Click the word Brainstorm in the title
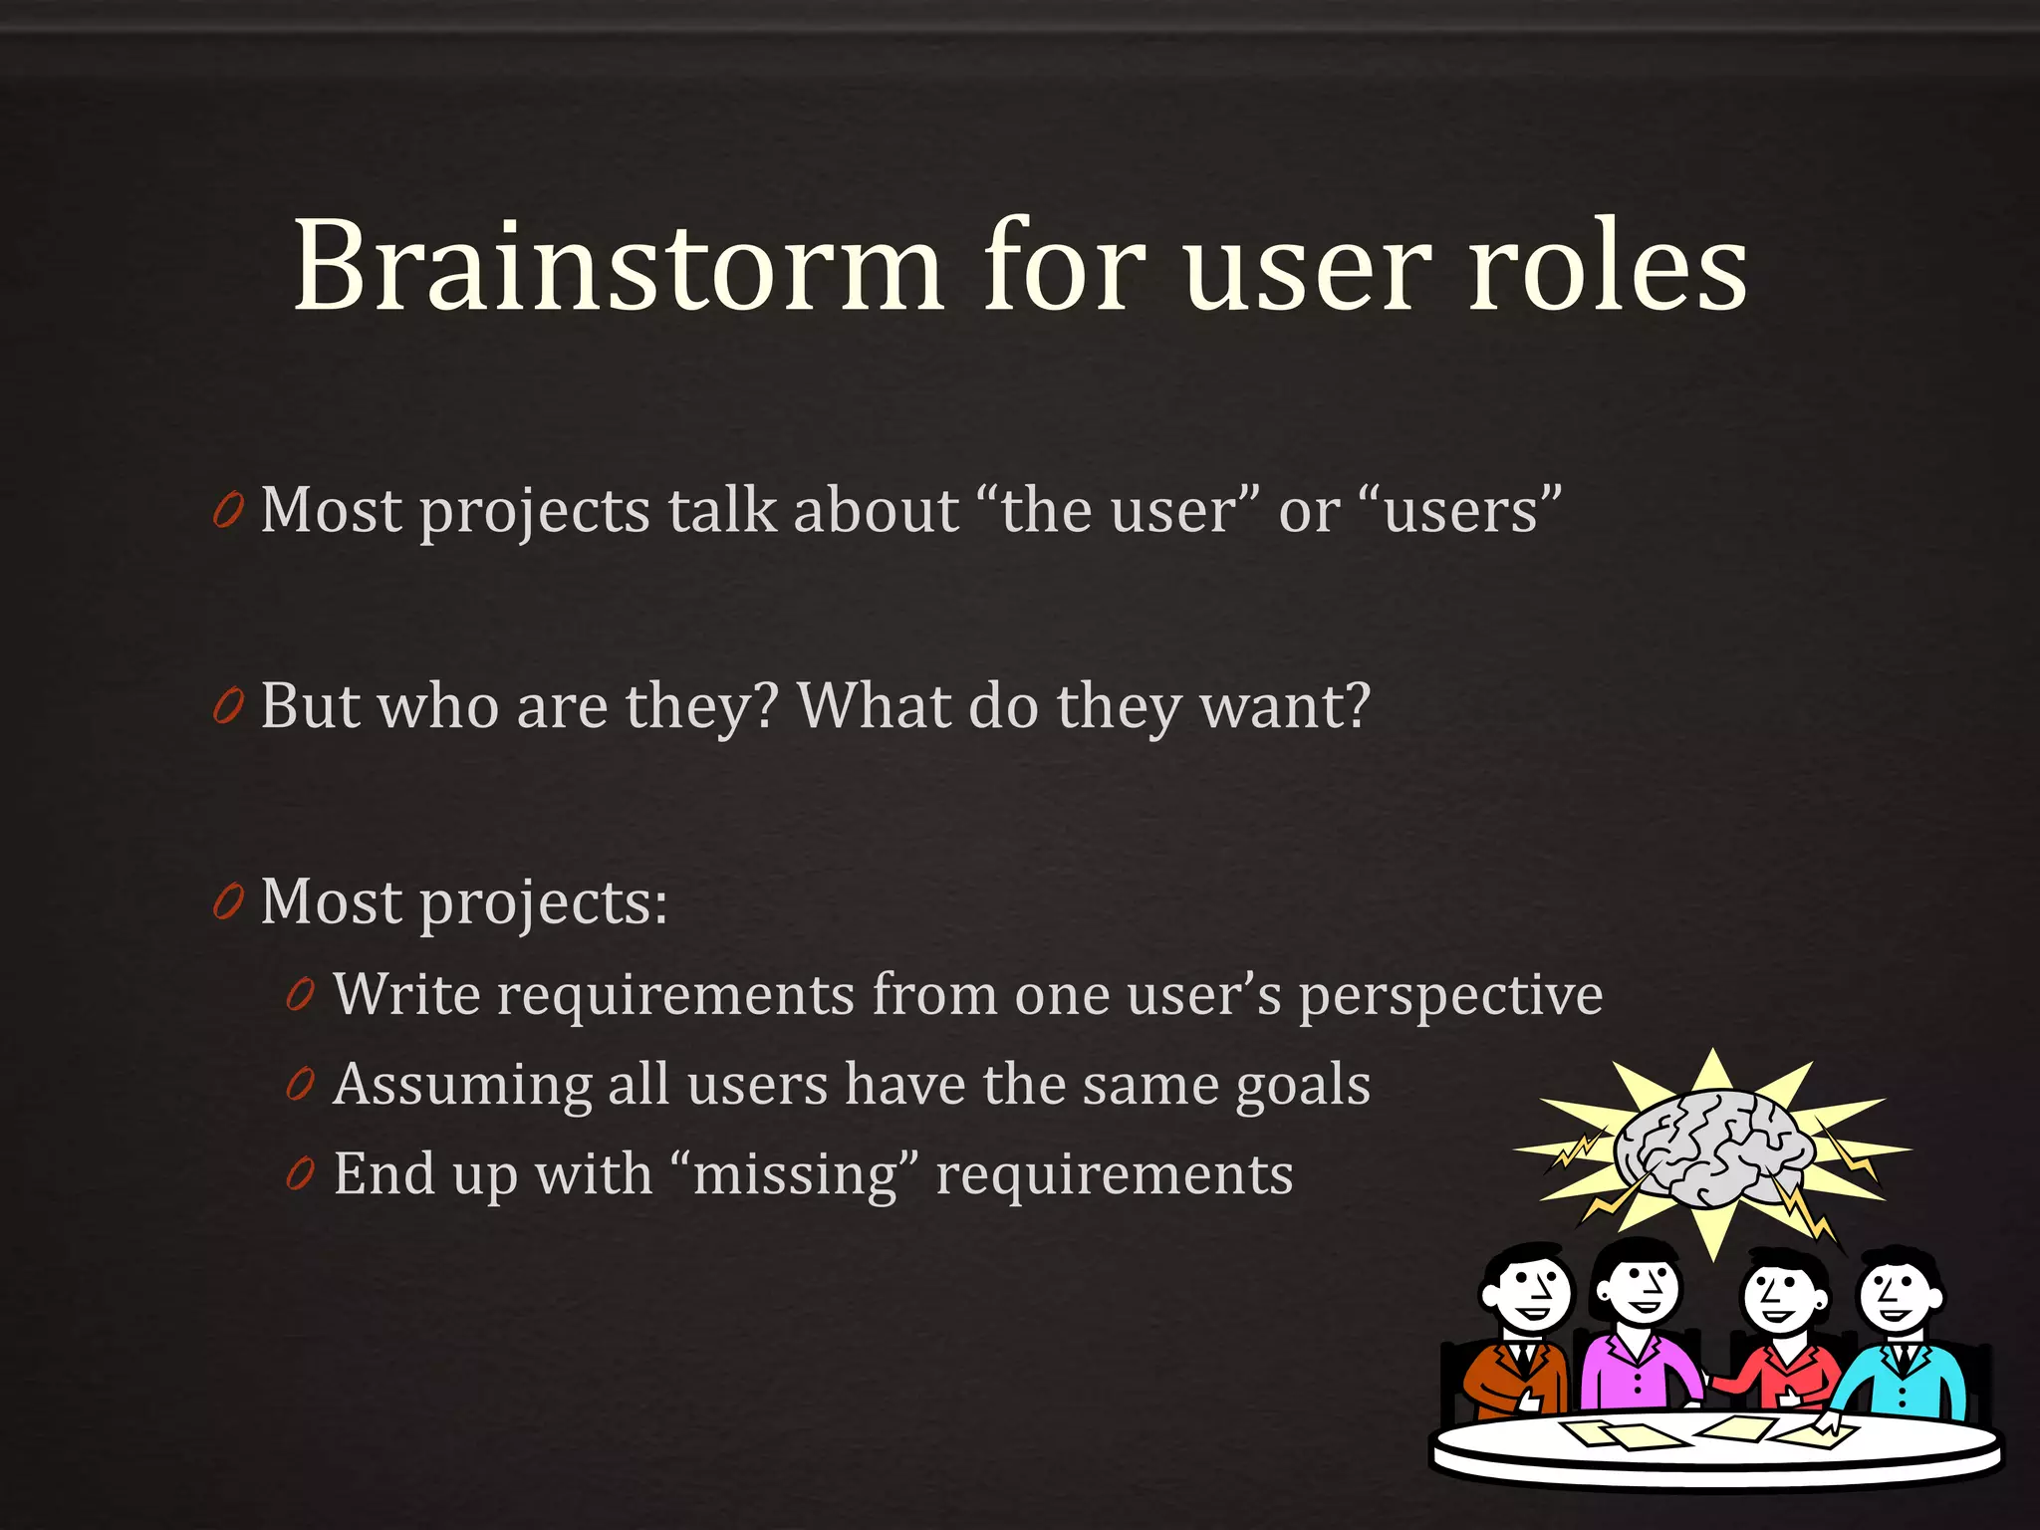coord(618,267)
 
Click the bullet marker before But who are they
coord(228,707)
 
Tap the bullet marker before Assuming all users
coord(300,1085)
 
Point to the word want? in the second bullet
coord(1285,707)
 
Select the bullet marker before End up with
coord(300,1174)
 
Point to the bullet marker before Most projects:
coord(228,902)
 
